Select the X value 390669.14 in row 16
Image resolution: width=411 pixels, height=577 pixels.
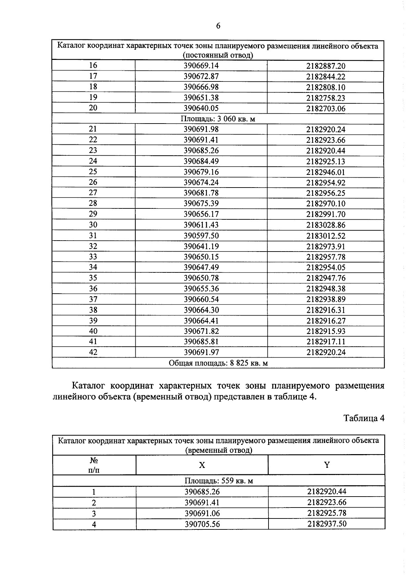[x=201, y=66]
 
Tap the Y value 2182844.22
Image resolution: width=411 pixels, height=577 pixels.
[x=326, y=77]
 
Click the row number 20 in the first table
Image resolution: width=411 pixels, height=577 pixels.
[x=93, y=108]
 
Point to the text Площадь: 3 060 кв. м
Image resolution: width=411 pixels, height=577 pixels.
[x=218, y=119]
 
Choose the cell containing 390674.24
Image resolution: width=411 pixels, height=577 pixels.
[x=201, y=182]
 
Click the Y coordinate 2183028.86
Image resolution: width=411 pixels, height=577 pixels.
[x=326, y=225]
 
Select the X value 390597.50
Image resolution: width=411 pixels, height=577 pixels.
[x=201, y=236]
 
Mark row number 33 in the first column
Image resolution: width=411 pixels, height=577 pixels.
[x=93, y=257]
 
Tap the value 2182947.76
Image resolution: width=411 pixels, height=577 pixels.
[x=326, y=278]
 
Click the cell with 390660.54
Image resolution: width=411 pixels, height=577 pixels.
[x=201, y=299]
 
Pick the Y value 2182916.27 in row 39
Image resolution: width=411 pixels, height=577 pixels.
[x=326, y=321]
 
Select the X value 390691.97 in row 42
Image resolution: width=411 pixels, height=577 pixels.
[x=201, y=352]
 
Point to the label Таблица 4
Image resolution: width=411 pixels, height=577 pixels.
[x=364, y=418]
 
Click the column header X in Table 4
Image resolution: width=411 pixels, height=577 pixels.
[x=202, y=465]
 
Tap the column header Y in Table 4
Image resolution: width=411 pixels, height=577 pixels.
[x=327, y=465]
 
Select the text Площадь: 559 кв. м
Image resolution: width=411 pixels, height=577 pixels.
[x=219, y=481]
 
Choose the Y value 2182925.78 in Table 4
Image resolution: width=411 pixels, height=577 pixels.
[x=327, y=513]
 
